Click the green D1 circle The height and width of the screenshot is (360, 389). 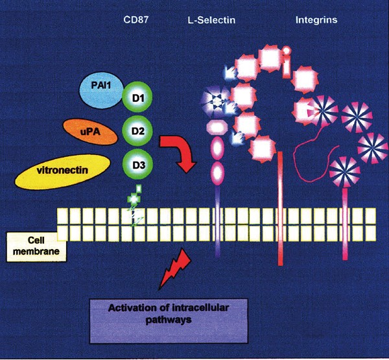coord(139,97)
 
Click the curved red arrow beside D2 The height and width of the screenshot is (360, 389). coord(182,150)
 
